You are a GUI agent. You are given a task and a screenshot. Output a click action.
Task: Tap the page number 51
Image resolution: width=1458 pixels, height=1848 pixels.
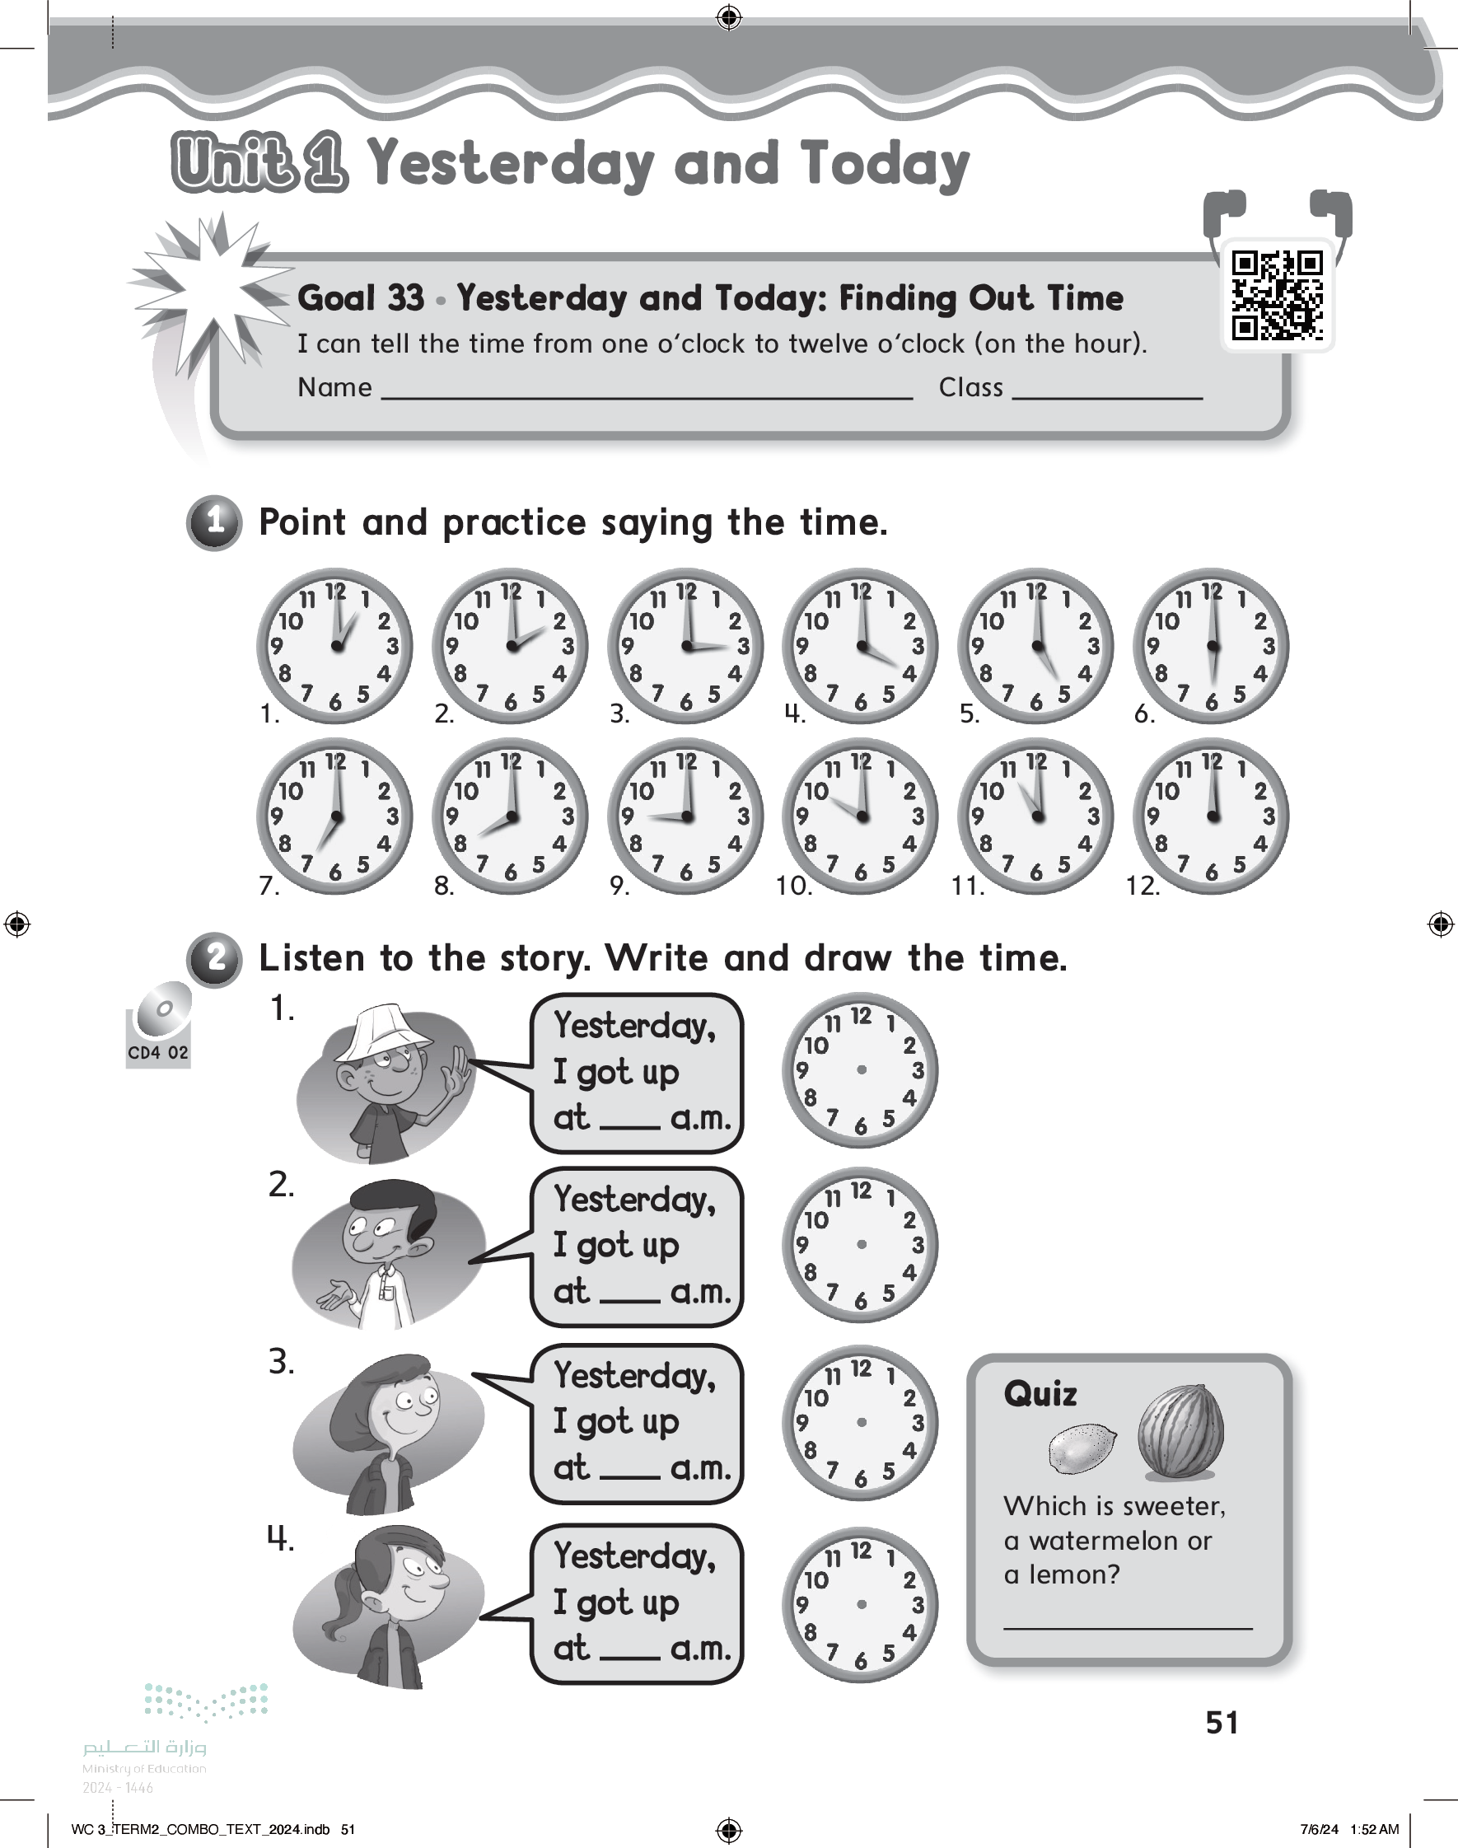coord(1222,1722)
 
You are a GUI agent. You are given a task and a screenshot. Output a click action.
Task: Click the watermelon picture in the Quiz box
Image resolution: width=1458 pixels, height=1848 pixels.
coord(1180,1431)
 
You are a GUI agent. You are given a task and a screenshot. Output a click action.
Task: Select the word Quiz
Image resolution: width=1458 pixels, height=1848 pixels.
coord(1040,1394)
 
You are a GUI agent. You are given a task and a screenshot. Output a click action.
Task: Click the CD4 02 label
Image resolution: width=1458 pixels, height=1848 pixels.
coord(158,1052)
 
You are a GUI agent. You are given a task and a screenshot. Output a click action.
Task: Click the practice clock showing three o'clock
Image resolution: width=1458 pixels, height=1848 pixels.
coord(685,645)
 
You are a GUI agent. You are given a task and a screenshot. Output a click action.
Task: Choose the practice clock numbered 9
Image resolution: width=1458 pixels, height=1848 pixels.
coord(685,816)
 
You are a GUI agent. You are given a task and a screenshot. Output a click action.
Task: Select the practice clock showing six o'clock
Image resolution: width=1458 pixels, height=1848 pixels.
coord(1210,645)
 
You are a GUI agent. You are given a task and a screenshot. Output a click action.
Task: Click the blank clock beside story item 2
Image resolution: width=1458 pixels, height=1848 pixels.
coord(861,1245)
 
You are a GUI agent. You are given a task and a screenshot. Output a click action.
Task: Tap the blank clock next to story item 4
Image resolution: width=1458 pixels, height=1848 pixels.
coord(861,1605)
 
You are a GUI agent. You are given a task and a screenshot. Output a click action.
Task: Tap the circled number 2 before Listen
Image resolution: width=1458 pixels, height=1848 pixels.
coord(215,958)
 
